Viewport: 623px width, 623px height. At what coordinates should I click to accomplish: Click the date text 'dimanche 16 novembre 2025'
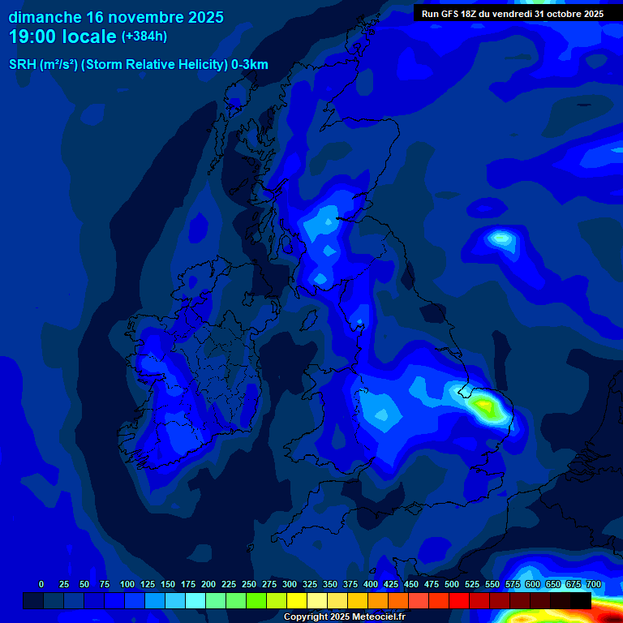point(116,17)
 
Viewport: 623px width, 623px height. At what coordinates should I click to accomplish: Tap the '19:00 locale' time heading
point(63,37)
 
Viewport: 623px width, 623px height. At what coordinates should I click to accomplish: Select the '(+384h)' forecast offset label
point(144,37)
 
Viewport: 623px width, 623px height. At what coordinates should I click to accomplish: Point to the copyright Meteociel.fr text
point(345,617)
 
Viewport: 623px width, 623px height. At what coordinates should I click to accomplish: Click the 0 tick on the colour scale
point(41,584)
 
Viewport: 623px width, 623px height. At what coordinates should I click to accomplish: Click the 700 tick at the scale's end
point(593,584)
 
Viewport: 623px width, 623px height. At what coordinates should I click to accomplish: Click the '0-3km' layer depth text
point(250,65)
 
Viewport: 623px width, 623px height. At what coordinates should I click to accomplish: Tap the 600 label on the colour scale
point(532,584)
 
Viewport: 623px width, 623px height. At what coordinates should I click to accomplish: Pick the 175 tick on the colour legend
point(187,584)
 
